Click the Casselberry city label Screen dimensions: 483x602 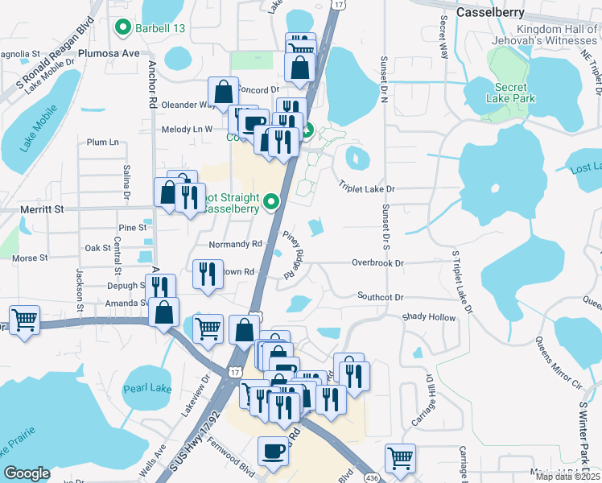[x=489, y=12]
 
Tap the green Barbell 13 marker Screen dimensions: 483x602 [x=123, y=28]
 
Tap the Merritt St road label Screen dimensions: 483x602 [x=41, y=208]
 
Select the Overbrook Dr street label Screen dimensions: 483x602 [x=377, y=262]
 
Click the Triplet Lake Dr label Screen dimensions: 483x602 [x=367, y=188]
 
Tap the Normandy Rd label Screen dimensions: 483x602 [x=235, y=243]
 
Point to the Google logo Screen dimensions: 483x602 [x=27, y=473]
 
